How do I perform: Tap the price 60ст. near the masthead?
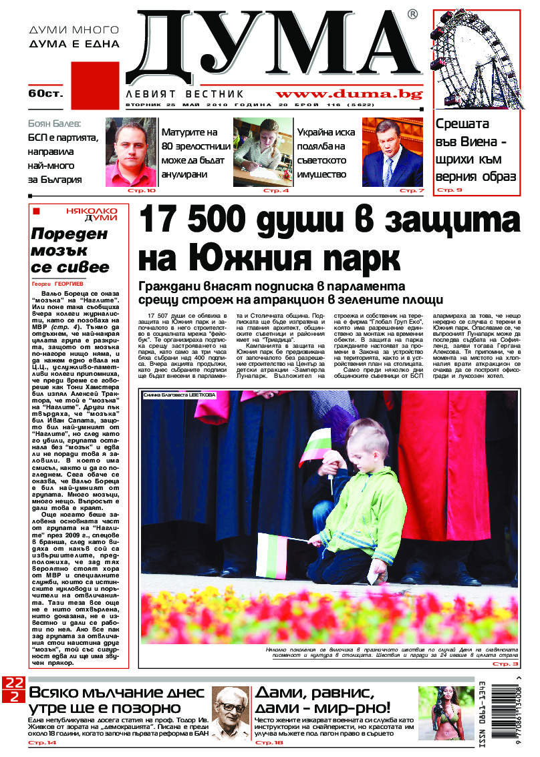coord(45,93)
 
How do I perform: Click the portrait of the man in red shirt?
coord(130,152)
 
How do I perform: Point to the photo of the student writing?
coord(263,152)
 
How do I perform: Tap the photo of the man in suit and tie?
coord(392,152)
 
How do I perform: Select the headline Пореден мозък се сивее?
coord(70,251)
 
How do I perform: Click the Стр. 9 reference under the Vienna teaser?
coord(449,190)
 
